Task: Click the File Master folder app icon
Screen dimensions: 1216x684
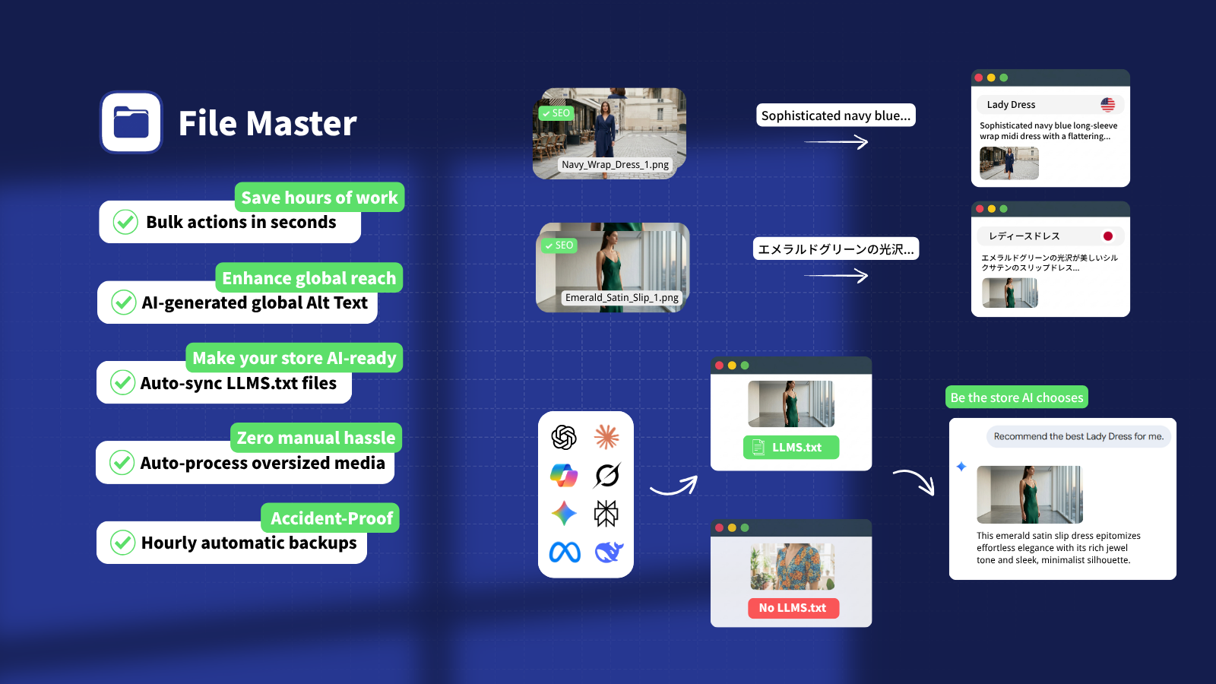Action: click(131, 122)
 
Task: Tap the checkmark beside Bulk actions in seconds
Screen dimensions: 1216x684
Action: click(125, 222)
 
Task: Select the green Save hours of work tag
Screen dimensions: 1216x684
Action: click(319, 197)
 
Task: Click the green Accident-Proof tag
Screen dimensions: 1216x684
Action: click(331, 518)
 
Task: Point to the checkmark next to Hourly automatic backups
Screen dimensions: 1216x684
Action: click(122, 543)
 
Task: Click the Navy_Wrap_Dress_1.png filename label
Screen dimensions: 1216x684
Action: click(615, 164)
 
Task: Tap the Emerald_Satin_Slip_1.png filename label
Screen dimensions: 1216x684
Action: click(622, 297)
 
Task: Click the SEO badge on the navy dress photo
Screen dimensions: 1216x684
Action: click(556, 113)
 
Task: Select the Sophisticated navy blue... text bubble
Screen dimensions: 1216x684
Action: click(836, 115)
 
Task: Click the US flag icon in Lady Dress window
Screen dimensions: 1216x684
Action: click(1108, 104)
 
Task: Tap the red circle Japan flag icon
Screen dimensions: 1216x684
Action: click(1108, 236)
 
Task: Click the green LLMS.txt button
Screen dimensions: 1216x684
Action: click(791, 448)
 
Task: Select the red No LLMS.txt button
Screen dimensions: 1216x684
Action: click(793, 608)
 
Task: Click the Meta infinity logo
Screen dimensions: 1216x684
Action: click(565, 553)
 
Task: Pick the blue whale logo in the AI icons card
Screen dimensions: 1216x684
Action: click(609, 552)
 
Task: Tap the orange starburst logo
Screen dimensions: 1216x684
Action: click(606, 437)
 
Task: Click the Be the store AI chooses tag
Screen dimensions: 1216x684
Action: click(1017, 397)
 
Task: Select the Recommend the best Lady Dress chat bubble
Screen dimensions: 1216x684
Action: click(1078, 436)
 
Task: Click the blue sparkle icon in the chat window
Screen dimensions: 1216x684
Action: click(961, 467)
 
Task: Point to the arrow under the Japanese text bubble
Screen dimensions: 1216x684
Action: click(836, 276)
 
